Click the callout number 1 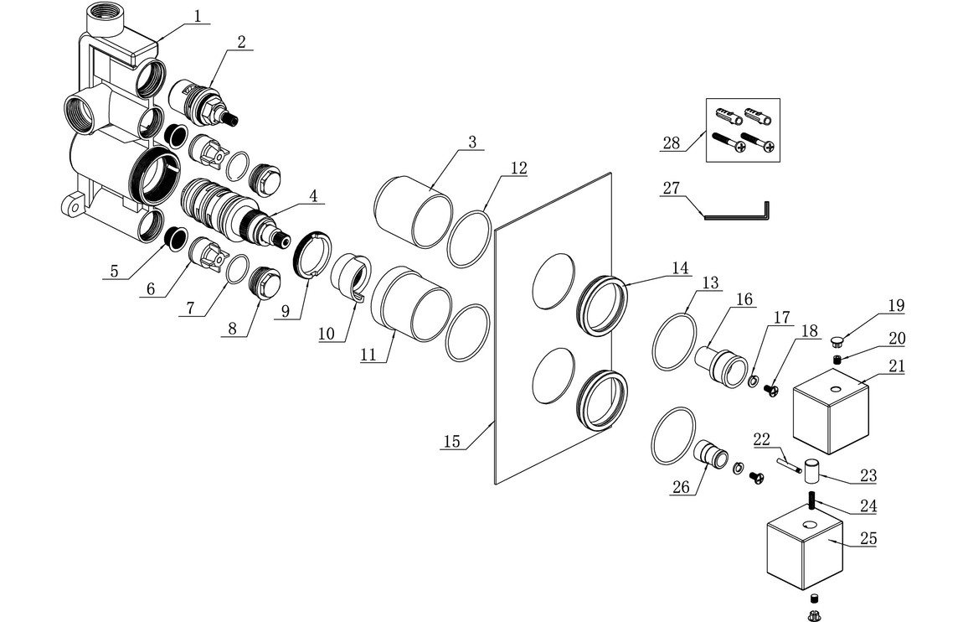point(198,16)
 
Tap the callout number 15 point(451,441)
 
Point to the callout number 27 point(671,189)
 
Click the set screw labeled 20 point(838,360)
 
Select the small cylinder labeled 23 point(811,472)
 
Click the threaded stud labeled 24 point(811,501)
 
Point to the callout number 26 point(680,487)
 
